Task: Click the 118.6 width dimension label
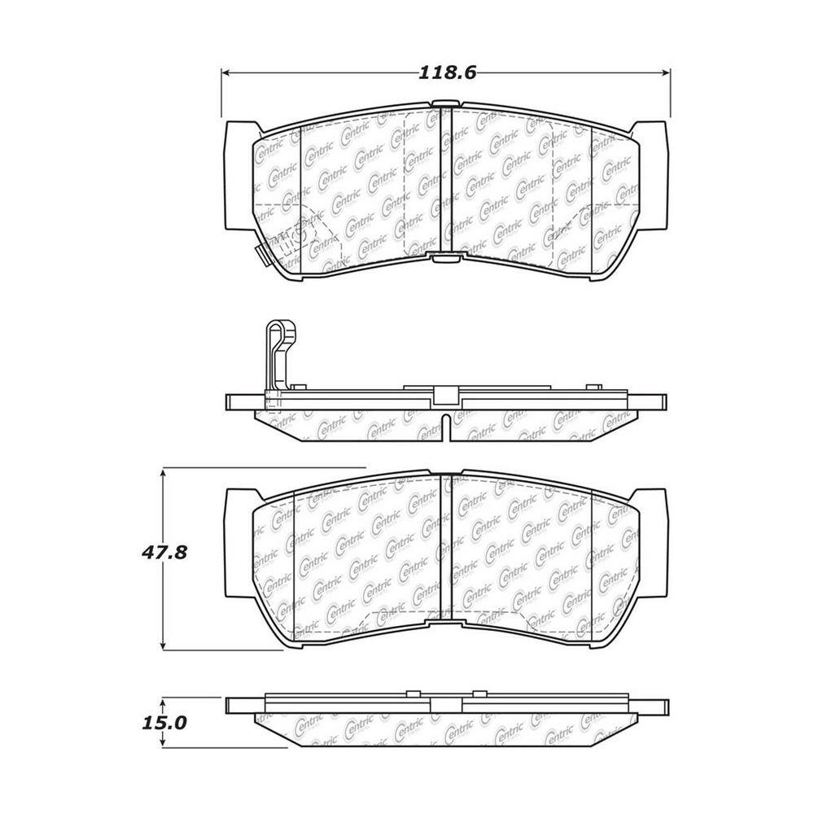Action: click(x=447, y=72)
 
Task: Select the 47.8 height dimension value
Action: click(x=164, y=553)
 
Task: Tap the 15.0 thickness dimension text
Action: click(x=164, y=723)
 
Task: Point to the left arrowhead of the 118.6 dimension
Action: click(x=227, y=72)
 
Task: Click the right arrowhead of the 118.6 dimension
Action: click(x=665, y=72)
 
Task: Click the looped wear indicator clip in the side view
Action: click(x=280, y=356)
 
